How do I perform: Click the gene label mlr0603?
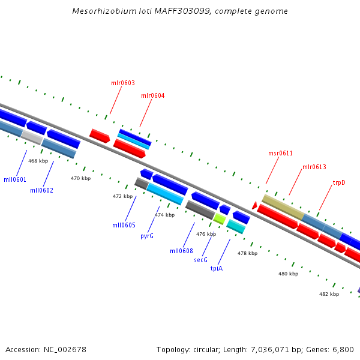click(x=123, y=83)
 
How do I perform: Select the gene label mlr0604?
click(x=153, y=95)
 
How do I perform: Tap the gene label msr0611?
click(x=280, y=153)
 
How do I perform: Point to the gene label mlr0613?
click(x=314, y=167)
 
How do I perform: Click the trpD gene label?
click(x=339, y=182)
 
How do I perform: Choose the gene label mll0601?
click(x=15, y=179)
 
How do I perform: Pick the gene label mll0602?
click(x=41, y=190)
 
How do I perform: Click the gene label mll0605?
click(x=124, y=225)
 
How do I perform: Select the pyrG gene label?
click(x=147, y=236)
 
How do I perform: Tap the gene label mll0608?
click(x=181, y=251)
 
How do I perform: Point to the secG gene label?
click(x=200, y=260)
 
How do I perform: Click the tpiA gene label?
click(x=217, y=268)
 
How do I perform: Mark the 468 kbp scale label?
click(x=38, y=161)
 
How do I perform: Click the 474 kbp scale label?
click(x=165, y=215)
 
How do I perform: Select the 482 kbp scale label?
click(x=329, y=294)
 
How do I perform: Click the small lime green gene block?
click(x=219, y=219)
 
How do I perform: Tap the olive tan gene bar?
click(x=283, y=206)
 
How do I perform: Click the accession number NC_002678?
click(x=65, y=349)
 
